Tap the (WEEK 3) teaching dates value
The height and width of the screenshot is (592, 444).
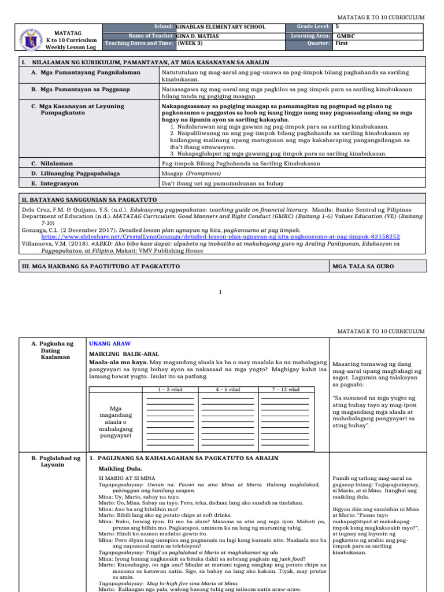(x=190, y=43)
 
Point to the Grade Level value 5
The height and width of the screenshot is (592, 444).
(x=338, y=27)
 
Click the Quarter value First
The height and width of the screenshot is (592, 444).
(x=342, y=43)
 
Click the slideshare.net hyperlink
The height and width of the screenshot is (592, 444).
(x=220, y=236)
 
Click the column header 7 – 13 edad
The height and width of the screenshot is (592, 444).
(x=285, y=390)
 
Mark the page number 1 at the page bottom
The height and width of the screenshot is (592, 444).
(x=221, y=292)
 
